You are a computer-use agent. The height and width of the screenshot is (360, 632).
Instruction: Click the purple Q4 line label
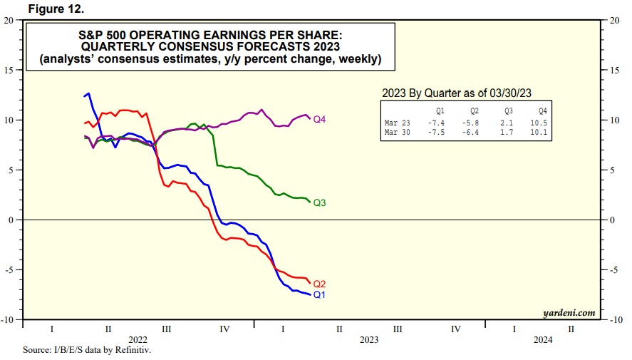click(319, 119)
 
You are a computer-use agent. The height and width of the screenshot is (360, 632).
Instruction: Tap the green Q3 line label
click(319, 203)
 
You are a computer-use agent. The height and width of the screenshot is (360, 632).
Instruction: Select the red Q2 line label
click(319, 283)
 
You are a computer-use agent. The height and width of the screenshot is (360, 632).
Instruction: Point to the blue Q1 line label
click(319, 294)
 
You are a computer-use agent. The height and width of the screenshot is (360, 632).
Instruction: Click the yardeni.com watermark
click(568, 312)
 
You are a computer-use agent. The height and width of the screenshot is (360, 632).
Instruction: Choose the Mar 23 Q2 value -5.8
click(472, 123)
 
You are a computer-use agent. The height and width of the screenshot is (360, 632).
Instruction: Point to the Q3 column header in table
click(509, 112)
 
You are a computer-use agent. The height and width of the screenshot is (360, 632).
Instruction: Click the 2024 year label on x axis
click(542, 340)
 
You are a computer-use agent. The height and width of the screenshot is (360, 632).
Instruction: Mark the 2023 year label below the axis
click(369, 340)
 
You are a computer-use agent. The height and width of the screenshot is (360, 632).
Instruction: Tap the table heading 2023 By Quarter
click(427, 93)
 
